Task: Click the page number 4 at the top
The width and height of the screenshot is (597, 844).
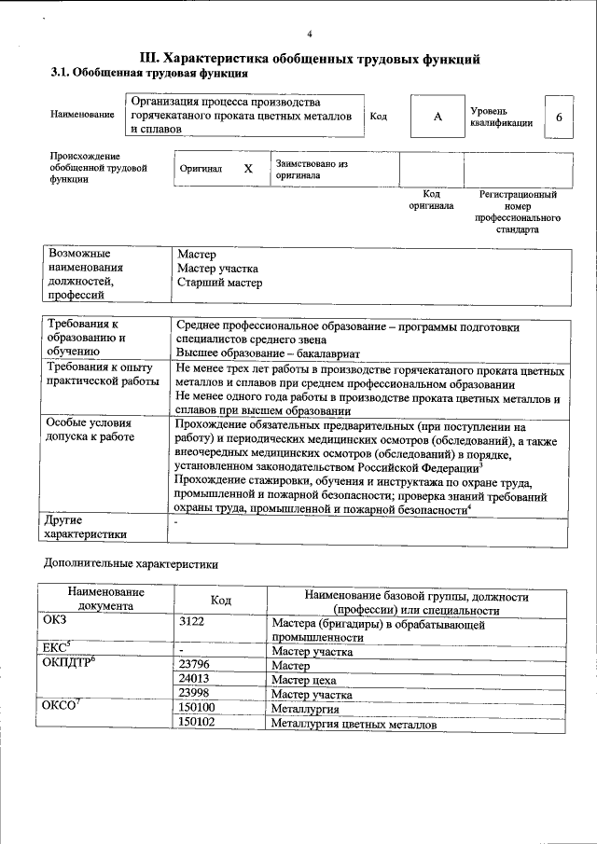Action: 309,35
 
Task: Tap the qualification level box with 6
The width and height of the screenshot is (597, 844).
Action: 558,118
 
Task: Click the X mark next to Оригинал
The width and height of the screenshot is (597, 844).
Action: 248,169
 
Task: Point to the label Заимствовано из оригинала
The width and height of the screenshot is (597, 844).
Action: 312,169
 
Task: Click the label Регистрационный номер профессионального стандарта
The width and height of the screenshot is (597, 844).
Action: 518,212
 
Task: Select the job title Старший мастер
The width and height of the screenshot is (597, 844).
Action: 219,283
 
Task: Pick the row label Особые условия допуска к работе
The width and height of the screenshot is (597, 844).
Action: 90,430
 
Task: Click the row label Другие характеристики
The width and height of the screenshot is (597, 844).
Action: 85,528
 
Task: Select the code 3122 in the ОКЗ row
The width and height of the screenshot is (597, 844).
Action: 191,621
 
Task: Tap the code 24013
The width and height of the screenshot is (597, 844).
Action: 196,680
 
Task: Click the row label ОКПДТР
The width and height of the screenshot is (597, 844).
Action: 71,663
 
